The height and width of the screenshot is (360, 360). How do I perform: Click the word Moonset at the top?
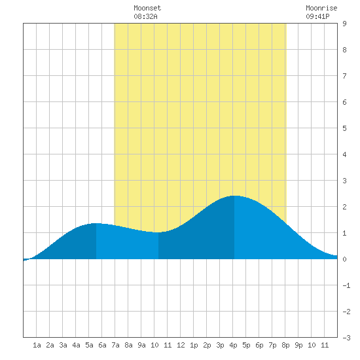click(x=147, y=8)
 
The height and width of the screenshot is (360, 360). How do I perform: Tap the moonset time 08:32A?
click(x=145, y=16)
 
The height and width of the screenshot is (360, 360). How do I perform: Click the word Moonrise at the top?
click(x=321, y=8)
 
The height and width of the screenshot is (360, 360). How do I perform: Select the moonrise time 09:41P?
click(x=317, y=16)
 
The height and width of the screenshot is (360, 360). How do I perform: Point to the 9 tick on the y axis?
click(x=344, y=24)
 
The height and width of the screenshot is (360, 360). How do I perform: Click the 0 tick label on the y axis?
click(x=344, y=259)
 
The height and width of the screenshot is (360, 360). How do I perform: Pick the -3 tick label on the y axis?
click(x=346, y=338)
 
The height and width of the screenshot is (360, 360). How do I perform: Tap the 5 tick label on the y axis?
click(x=344, y=128)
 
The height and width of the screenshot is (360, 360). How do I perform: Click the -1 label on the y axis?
click(x=346, y=285)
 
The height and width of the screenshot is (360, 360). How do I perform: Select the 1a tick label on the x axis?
click(x=37, y=345)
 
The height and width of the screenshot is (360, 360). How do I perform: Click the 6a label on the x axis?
click(x=102, y=345)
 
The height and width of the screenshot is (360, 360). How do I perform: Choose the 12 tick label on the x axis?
click(x=181, y=345)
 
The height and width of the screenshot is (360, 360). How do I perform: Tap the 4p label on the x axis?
click(x=233, y=345)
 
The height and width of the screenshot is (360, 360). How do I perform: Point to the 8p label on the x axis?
click(x=285, y=345)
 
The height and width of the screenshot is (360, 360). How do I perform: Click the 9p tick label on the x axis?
click(x=298, y=345)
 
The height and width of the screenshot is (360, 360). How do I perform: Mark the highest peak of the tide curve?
click(x=234, y=196)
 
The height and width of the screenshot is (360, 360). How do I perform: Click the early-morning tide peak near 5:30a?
click(x=96, y=223)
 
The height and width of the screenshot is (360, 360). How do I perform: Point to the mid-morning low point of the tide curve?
click(x=158, y=232)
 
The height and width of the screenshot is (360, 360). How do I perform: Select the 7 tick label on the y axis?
click(x=344, y=76)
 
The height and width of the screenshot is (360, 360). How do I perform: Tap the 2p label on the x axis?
click(x=207, y=345)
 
